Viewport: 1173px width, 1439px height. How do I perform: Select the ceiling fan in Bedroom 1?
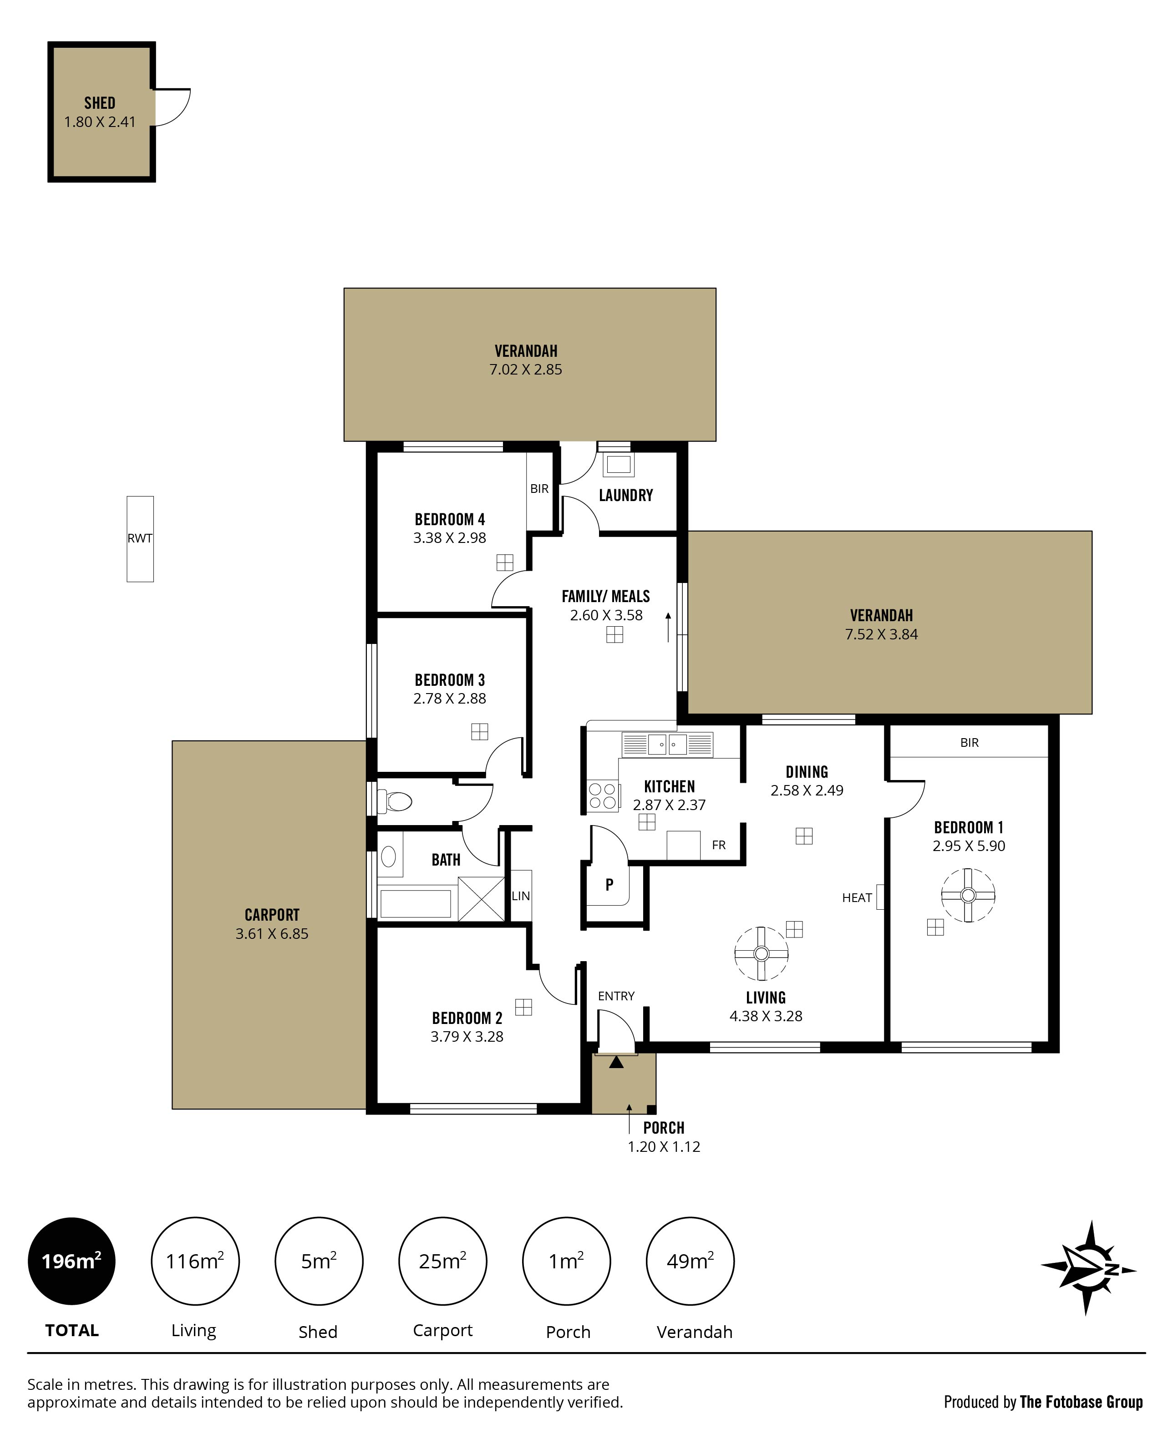tap(968, 895)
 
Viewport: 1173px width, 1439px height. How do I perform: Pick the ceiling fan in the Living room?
tap(762, 953)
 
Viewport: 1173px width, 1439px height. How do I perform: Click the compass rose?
tap(1088, 1268)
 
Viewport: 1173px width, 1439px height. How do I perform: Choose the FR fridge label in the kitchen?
tap(719, 845)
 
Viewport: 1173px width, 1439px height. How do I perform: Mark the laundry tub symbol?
tap(618, 464)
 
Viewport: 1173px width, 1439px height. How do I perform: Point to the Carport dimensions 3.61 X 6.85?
tap(272, 934)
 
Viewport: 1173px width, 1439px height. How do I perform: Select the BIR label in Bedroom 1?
tap(970, 742)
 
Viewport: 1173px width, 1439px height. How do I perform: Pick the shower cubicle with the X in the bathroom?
tap(481, 898)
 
